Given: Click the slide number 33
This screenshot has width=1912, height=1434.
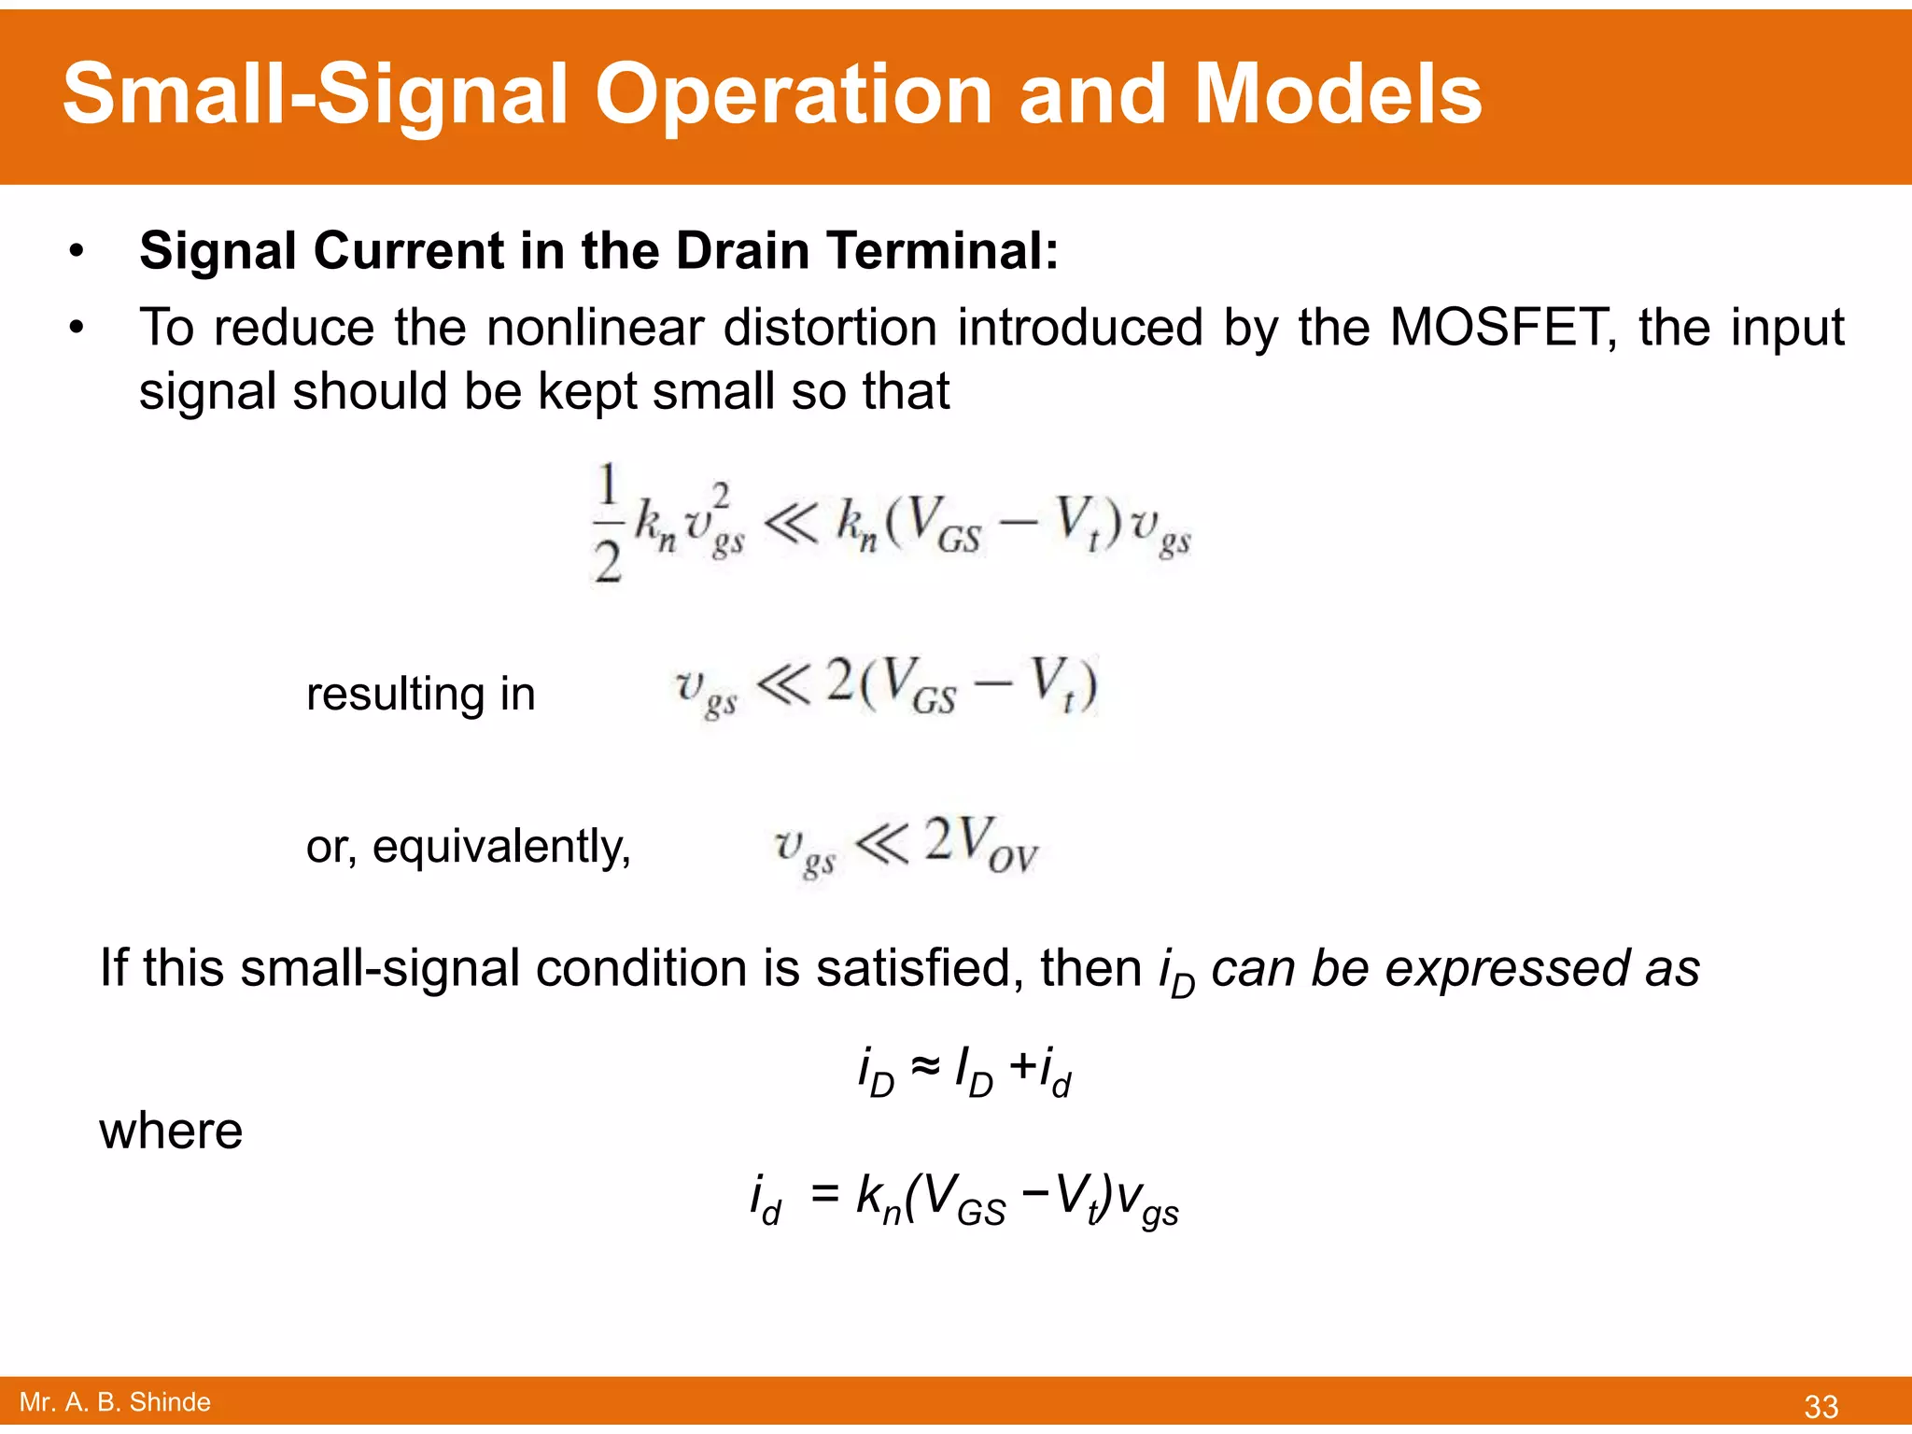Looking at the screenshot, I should (x=1821, y=1406).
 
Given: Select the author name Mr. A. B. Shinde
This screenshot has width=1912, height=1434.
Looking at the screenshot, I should (x=115, y=1401).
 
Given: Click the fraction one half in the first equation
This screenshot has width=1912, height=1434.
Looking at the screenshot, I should (x=608, y=523).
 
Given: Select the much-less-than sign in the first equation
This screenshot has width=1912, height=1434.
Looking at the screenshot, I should (x=790, y=524).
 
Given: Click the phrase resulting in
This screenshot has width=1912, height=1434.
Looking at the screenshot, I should (x=420, y=694).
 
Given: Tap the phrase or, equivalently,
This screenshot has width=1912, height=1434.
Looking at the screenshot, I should (x=469, y=847).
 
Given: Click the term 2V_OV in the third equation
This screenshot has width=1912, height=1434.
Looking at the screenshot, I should (x=979, y=844).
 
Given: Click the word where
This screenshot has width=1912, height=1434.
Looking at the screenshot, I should (x=171, y=1131).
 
